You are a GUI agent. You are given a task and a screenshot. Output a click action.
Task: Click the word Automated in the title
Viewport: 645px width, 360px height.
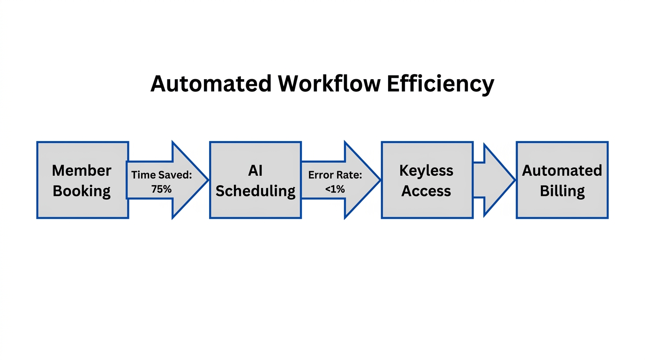coord(211,84)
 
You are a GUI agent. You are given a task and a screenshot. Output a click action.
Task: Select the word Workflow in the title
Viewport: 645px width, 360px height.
coord(329,84)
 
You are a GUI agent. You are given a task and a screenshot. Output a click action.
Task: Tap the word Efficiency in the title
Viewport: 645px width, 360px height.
coord(441,84)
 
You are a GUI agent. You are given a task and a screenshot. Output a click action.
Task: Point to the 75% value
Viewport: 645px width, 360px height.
coord(161,189)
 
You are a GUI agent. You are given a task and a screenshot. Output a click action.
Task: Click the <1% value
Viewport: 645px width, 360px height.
coord(335,189)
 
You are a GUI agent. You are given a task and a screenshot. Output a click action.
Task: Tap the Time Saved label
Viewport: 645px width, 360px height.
coord(162,175)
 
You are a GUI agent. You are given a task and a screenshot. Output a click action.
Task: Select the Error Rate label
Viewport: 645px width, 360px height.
coord(335,175)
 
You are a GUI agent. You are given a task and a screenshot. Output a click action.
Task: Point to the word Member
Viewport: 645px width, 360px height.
coord(82,170)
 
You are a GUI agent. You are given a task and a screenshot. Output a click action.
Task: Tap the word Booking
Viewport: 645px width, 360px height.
coord(82,191)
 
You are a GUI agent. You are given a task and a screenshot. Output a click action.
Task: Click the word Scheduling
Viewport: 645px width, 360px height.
coord(255,191)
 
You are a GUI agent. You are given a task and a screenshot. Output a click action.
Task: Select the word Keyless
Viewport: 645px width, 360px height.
coord(426,170)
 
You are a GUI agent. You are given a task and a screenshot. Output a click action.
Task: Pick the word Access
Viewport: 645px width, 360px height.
coord(426,191)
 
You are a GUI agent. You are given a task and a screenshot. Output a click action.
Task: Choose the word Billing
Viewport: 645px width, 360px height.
coord(562,191)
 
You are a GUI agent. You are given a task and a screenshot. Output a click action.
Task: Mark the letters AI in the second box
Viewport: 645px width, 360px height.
coord(255,170)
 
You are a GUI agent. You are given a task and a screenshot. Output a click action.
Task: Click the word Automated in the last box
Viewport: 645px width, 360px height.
coord(562,170)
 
